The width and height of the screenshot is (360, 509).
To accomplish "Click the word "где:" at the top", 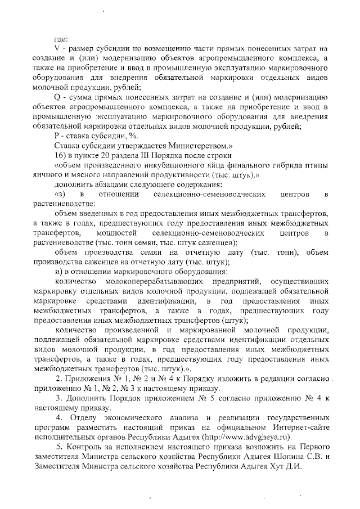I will [x=61, y=39].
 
